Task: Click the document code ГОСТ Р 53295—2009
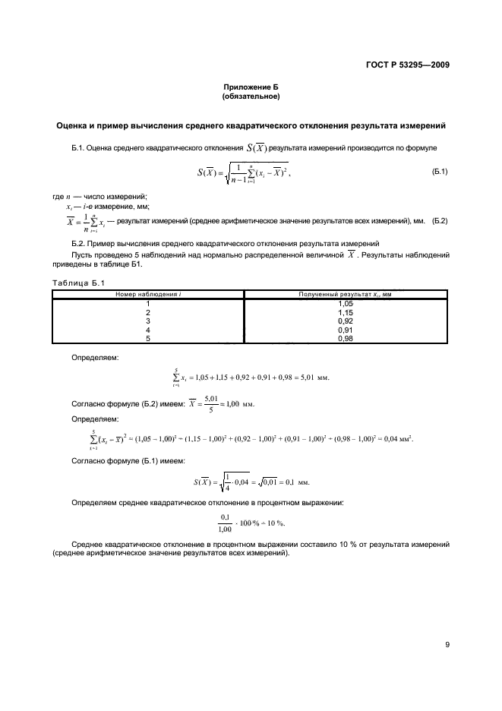pos(402,65)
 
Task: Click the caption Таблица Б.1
pos(76,283)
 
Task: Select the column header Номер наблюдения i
pos(148,293)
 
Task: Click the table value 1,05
pos(346,302)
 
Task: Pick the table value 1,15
pos(346,312)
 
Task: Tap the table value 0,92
pos(346,321)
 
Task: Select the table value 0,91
pos(346,330)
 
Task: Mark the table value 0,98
pos(346,339)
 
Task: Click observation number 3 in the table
pos(148,321)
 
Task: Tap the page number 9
pos(447,645)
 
